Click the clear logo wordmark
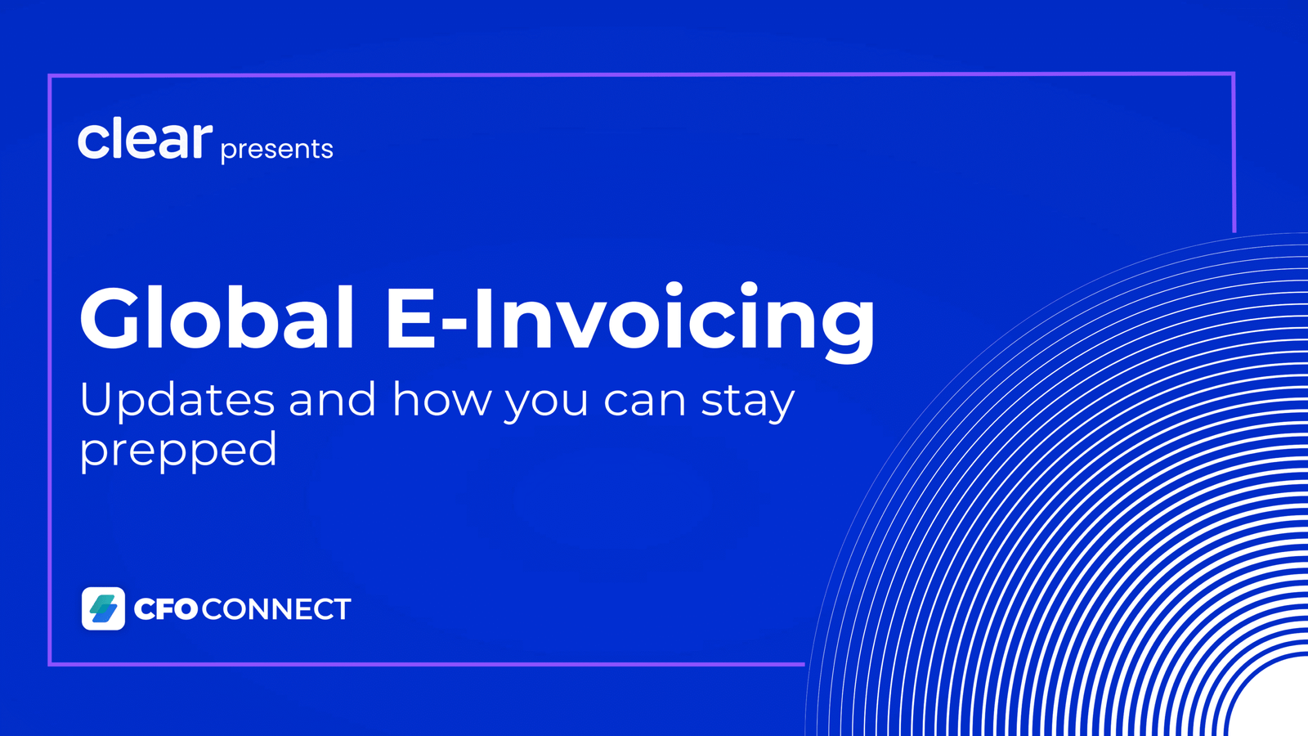pos(145,138)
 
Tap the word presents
pos(277,150)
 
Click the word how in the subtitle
pos(441,399)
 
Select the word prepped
pos(178,451)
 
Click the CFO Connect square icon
pos(103,608)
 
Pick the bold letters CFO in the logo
pos(167,609)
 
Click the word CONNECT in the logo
pos(276,609)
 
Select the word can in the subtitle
pos(645,403)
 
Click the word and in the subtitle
pos(332,399)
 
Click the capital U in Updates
pos(98,400)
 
